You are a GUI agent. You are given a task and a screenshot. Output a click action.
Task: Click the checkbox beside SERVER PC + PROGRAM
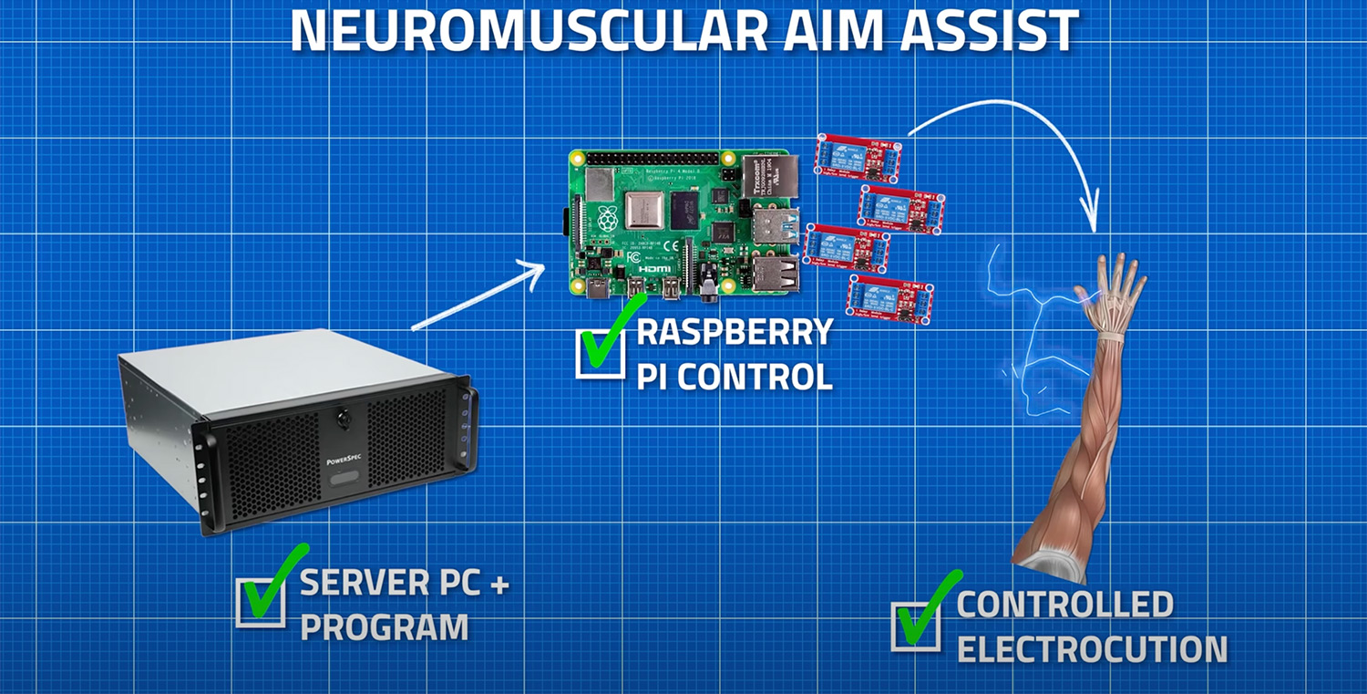tap(260, 602)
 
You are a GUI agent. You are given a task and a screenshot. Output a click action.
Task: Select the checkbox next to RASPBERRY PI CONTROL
tap(601, 352)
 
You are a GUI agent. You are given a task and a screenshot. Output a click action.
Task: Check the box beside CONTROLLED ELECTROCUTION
tap(915, 627)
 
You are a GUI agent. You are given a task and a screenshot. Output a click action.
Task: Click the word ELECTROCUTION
tap(1092, 649)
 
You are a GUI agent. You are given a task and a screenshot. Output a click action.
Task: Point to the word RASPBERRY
tap(735, 332)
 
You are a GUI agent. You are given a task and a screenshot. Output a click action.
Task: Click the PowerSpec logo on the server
tap(344, 461)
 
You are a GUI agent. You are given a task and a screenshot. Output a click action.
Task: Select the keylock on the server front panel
tap(344, 420)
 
